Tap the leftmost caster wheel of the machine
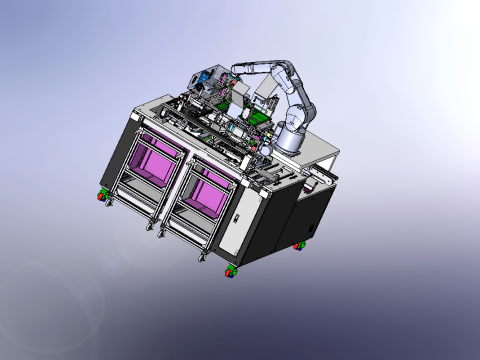(103, 194)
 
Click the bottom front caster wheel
(230, 270)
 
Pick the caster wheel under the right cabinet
(299, 245)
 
